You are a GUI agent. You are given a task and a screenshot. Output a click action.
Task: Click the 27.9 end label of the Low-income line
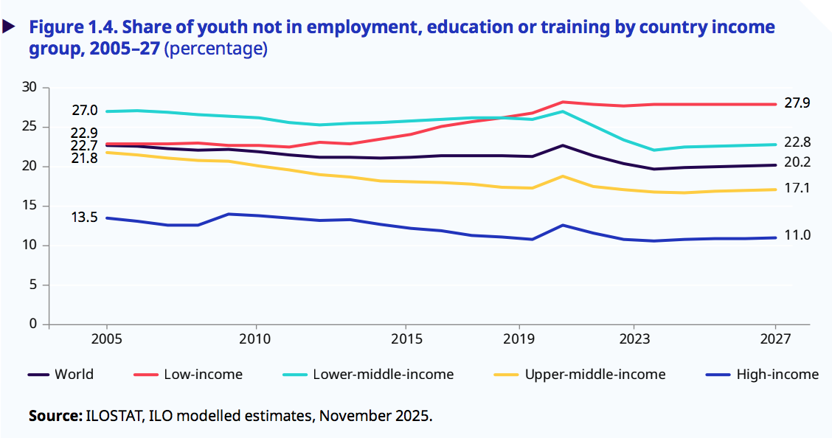click(x=797, y=104)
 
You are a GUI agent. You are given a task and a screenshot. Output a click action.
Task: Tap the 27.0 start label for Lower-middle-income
click(x=84, y=111)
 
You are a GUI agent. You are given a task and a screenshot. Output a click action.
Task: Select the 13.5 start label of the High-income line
click(x=84, y=218)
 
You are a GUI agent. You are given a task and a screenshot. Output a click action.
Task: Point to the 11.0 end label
click(x=797, y=236)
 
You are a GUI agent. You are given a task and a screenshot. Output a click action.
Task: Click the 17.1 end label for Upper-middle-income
click(x=797, y=189)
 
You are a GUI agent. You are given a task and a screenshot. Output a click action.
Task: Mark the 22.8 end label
click(x=797, y=143)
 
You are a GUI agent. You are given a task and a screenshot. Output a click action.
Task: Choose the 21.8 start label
click(x=84, y=158)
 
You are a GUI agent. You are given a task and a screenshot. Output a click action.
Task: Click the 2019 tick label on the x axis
click(x=519, y=339)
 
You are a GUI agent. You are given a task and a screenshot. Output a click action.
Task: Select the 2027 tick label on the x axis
click(x=775, y=339)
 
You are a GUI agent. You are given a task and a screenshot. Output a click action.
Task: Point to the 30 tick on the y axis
click(x=30, y=88)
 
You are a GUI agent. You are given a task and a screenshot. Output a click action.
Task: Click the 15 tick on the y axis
click(x=30, y=206)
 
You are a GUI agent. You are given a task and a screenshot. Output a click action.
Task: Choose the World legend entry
click(x=74, y=375)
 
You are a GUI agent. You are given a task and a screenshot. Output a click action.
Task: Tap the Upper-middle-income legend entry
click(x=594, y=375)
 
